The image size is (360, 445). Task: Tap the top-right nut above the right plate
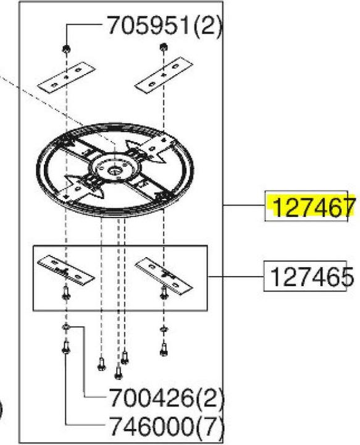click(162, 48)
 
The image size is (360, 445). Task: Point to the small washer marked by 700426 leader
click(65, 327)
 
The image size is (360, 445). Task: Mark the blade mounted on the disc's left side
click(79, 186)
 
